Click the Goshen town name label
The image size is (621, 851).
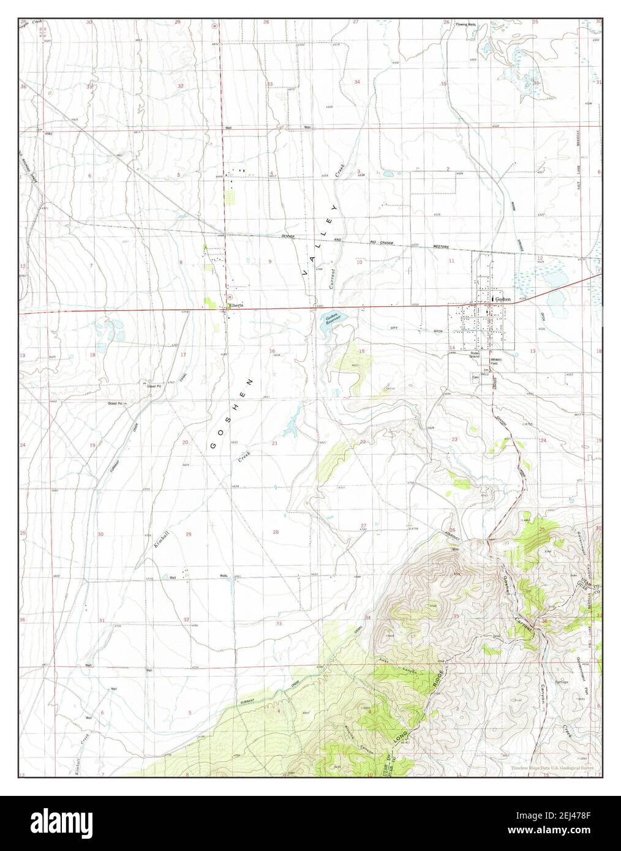[502, 298]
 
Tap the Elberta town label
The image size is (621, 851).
[236, 305]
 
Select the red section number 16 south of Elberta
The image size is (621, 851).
[272, 351]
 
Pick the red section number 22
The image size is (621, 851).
[363, 441]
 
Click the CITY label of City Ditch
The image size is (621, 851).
[394, 329]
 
